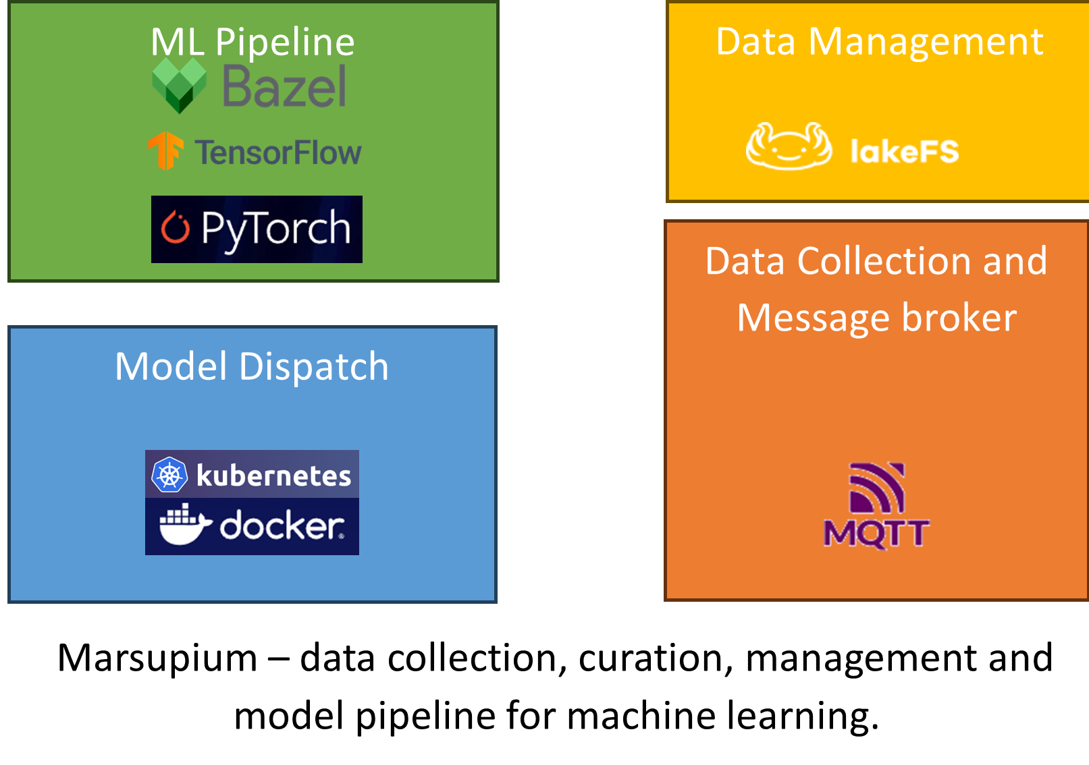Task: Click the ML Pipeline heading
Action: click(x=253, y=42)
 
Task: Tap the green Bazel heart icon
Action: click(x=179, y=84)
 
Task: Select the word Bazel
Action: click(x=284, y=87)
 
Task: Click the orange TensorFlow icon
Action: click(x=165, y=150)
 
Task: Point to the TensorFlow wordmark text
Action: click(x=278, y=152)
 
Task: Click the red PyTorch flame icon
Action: click(x=176, y=227)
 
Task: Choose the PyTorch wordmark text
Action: click(x=275, y=229)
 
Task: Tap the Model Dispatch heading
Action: click(x=252, y=366)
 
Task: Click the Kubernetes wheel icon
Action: click(x=169, y=475)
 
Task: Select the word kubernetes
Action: click(x=273, y=476)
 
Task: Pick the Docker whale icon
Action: click(x=184, y=524)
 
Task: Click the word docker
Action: click(x=282, y=526)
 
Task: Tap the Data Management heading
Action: click(x=879, y=42)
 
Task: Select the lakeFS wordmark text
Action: click(x=905, y=151)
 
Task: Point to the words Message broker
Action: click(x=876, y=318)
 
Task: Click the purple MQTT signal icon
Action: click(x=877, y=488)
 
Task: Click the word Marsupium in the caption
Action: click(x=157, y=658)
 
